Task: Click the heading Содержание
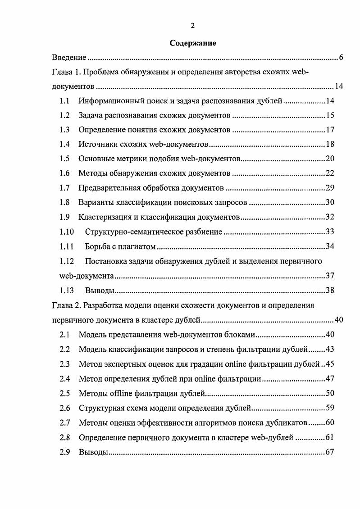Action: [193, 43]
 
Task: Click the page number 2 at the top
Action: [193, 26]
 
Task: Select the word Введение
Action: [68, 58]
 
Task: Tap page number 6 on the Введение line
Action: [342, 58]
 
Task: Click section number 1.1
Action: [64, 101]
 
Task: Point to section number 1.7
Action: [64, 188]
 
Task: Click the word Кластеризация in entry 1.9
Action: [101, 218]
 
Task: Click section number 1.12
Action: [66, 261]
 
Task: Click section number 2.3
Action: [64, 364]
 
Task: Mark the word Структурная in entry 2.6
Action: [100, 408]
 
